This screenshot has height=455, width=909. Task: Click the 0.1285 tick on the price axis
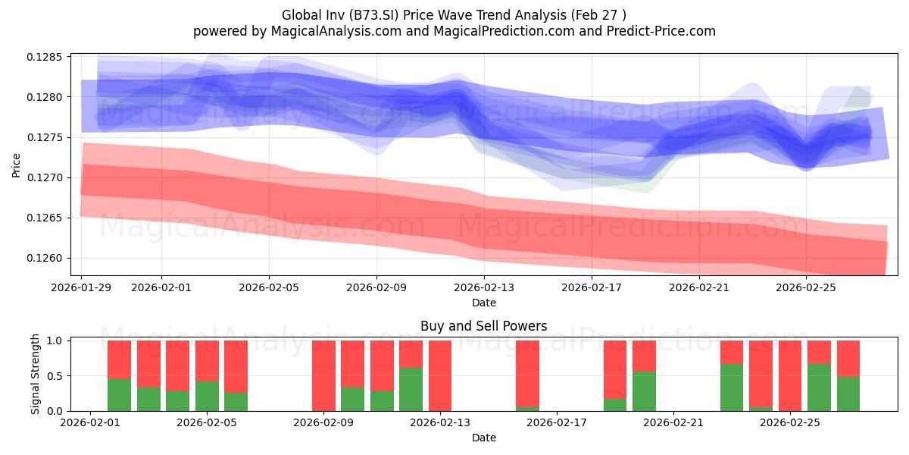coord(45,57)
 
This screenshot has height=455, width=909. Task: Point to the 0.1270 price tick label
coord(45,177)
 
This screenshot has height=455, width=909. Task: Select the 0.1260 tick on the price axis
coord(45,258)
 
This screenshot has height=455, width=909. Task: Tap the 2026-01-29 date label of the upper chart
coord(81,287)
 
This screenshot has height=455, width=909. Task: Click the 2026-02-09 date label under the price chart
coord(376,287)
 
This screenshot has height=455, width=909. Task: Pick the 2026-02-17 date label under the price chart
coord(592,287)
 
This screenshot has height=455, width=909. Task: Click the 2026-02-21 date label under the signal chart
coord(673,422)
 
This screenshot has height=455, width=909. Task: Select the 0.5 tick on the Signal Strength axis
coord(55,376)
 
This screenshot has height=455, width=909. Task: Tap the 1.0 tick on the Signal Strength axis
coord(55,340)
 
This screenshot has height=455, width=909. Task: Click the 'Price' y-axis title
coord(16,165)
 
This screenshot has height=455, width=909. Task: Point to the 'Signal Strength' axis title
coord(35,374)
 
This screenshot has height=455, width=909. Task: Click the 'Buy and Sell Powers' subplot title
coord(484,326)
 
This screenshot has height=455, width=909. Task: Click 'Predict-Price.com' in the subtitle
coord(661,31)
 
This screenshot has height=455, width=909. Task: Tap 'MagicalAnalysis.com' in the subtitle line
coord(336,31)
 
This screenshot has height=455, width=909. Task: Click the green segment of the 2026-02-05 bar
coord(207,396)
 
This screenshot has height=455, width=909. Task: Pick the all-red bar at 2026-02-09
coord(324,376)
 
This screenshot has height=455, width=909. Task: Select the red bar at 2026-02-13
coord(440,376)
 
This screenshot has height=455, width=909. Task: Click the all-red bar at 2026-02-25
coord(790,376)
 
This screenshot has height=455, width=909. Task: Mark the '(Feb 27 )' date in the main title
coord(598,15)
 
